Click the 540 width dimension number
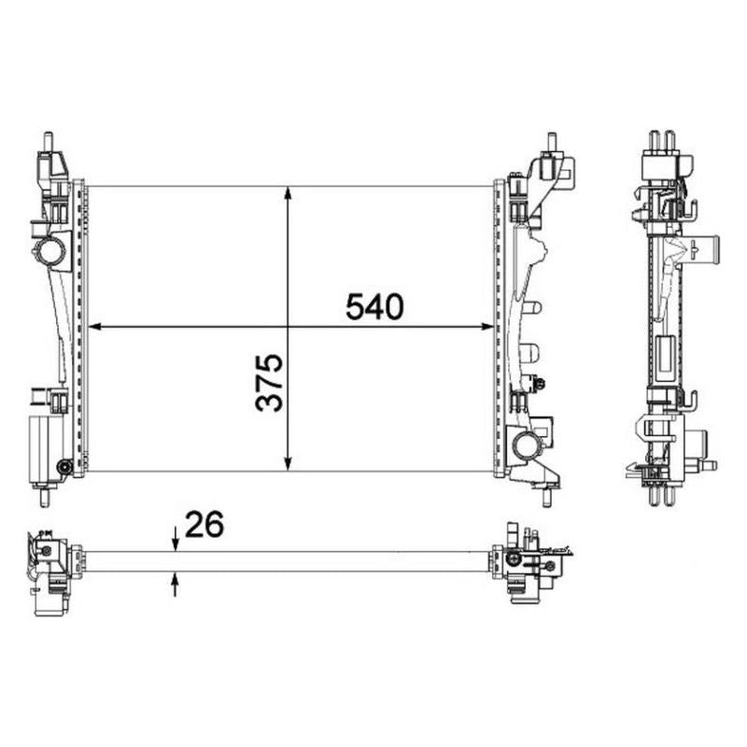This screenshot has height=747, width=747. [x=374, y=306]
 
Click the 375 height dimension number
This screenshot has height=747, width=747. [x=269, y=382]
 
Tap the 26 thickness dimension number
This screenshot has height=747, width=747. [x=204, y=524]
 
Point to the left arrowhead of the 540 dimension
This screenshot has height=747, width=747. [x=95, y=326]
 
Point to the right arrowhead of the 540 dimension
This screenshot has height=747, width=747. [x=487, y=326]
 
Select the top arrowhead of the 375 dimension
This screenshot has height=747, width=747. [x=288, y=193]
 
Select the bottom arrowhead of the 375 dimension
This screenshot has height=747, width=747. [x=288, y=464]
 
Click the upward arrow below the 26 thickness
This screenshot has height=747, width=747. [x=176, y=585]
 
